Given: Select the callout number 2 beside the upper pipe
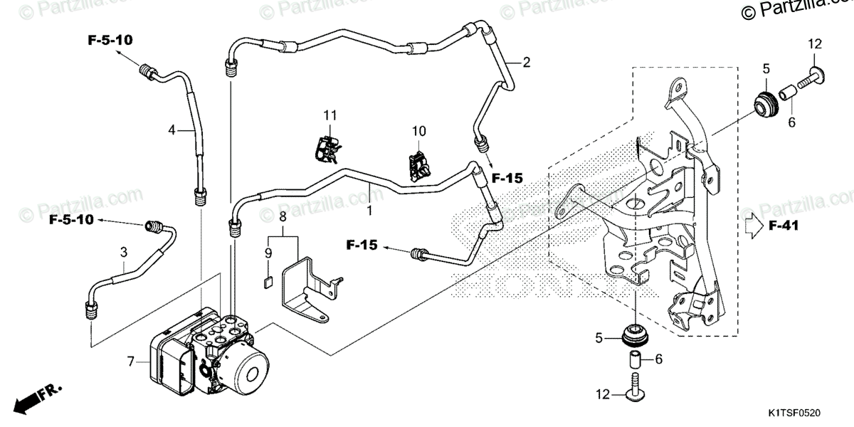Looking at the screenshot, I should click(527, 62).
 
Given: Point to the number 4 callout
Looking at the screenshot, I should click(172, 130).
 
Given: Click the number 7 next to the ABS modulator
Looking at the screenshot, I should click(130, 362).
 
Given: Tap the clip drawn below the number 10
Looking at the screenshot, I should click(420, 166).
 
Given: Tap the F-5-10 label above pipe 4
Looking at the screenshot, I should click(110, 41).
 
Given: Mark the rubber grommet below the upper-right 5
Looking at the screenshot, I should click(766, 100).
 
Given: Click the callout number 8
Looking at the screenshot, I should click(282, 216).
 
